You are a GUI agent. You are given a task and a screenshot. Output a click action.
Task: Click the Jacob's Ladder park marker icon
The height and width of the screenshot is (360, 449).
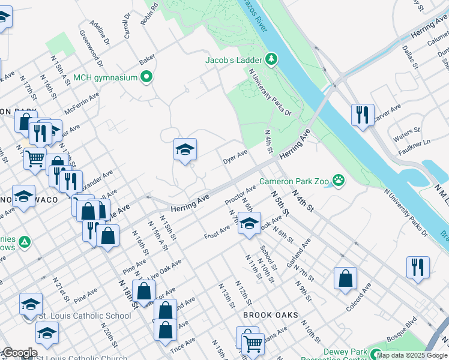pos(272,59)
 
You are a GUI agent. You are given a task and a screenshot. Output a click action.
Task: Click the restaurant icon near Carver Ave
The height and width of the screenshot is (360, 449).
pos(363,115)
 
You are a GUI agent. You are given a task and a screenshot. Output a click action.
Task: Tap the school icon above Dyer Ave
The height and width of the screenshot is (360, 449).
pos(185,150)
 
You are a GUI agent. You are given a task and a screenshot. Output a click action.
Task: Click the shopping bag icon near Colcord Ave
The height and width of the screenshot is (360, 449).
pos(345,278)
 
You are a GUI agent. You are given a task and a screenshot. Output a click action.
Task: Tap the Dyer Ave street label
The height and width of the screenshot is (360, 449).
pos(235,158)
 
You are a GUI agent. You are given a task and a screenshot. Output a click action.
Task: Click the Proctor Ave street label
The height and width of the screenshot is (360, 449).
pos(240,193)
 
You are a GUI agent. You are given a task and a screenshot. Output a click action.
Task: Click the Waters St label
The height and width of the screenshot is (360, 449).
pos(406,131)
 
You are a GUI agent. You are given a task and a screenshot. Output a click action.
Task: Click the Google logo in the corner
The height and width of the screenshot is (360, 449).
pos(19,353)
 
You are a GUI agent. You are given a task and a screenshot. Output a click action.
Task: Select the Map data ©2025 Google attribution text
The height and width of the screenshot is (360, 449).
pos(412,355)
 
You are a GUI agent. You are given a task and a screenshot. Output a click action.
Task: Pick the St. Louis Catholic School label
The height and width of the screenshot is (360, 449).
pos(85,316)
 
